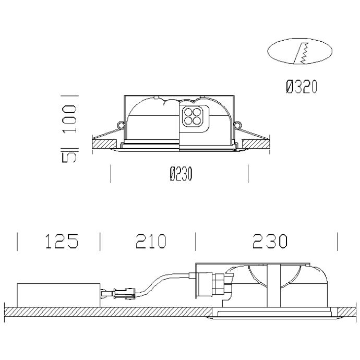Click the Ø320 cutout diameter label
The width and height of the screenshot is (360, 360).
click(x=302, y=87)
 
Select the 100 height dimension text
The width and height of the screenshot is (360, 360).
click(x=69, y=119)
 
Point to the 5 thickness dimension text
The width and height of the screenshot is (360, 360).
click(x=69, y=157)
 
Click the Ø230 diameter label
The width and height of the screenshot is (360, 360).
click(x=181, y=174)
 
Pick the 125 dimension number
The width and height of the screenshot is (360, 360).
click(x=62, y=241)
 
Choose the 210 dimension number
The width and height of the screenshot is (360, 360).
click(x=151, y=241)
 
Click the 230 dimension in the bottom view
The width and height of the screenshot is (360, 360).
click(x=270, y=241)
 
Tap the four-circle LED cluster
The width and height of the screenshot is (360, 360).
click(x=193, y=117)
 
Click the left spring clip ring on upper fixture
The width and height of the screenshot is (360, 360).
click(x=121, y=125)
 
